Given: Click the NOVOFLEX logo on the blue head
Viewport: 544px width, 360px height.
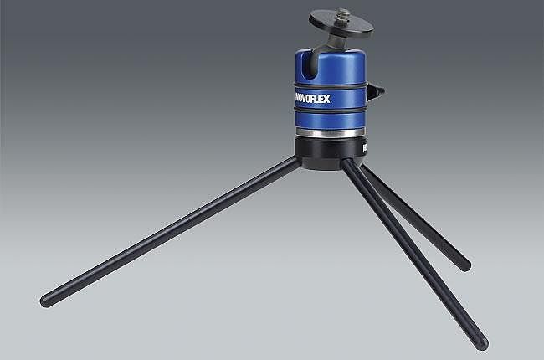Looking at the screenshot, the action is [312, 99].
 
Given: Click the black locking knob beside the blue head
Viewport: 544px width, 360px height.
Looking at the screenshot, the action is [375, 92].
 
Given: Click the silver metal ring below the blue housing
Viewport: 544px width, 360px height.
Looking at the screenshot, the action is [330, 133].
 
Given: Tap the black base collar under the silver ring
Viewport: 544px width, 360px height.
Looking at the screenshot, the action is [331, 152].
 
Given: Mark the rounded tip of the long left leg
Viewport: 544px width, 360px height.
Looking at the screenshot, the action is [45, 301].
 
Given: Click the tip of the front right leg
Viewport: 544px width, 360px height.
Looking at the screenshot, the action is [483, 344].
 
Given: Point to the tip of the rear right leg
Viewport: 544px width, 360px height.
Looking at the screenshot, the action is [466, 265].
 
